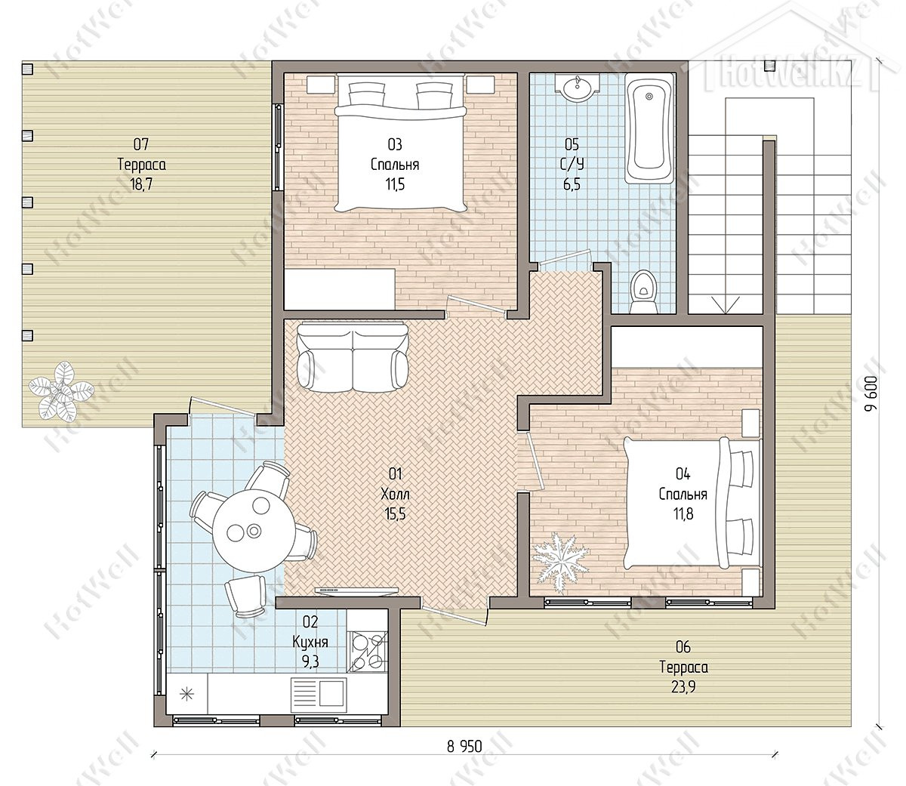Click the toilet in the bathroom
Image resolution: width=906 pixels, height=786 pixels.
coord(643,291)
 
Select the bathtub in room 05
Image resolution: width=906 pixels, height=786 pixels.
coord(649,128)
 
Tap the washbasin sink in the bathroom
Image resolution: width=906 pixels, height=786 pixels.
coord(578,88)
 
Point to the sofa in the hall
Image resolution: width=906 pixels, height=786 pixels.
coord(352,357)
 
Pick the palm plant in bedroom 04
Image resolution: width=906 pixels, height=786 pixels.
coord(560,561)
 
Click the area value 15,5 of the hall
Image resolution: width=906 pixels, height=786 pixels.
coord(395,514)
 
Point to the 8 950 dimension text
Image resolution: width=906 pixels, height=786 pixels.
coord(464,747)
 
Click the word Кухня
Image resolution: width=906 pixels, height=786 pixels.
coord(310,641)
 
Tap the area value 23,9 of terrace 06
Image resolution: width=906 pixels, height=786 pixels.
coord(683,686)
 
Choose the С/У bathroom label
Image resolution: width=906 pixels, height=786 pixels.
coord(572,165)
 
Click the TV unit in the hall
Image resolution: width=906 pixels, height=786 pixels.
coord(356,590)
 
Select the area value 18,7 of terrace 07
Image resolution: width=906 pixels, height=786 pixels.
coord(141,184)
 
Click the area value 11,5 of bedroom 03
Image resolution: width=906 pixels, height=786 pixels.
coord(395,184)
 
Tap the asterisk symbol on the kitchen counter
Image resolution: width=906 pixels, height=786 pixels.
coord(186,694)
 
